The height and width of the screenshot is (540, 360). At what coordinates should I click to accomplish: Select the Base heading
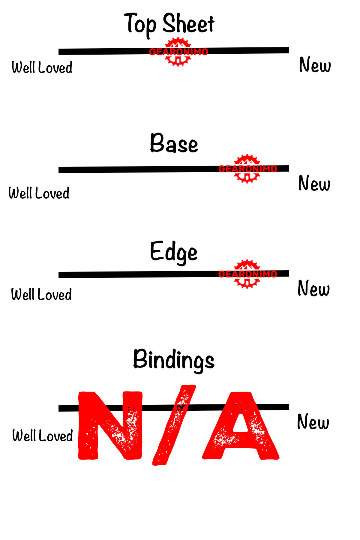[174, 143]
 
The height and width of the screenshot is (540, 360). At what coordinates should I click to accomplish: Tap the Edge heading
[174, 252]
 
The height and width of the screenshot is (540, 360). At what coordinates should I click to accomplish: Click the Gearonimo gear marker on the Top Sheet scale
[178, 52]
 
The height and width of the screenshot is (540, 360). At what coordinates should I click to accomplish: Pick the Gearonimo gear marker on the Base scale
[247, 169]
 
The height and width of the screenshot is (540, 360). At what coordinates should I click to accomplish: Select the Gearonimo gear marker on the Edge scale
[247, 274]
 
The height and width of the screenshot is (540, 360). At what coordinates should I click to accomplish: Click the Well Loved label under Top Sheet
[42, 67]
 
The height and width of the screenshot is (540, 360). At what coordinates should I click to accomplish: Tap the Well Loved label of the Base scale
[39, 193]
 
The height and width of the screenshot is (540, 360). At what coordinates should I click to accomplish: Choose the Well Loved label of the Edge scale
[41, 294]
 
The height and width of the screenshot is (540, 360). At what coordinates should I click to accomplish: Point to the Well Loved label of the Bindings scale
[43, 436]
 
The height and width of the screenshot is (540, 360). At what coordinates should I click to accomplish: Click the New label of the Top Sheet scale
[315, 65]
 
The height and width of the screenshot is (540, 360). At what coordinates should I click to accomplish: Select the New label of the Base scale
[314, 183]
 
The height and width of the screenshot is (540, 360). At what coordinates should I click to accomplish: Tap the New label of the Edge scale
[313, 288]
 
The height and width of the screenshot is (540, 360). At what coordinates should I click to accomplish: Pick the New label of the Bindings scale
[313, 421]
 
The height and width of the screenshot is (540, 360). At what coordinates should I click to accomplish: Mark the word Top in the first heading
[140, 24]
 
